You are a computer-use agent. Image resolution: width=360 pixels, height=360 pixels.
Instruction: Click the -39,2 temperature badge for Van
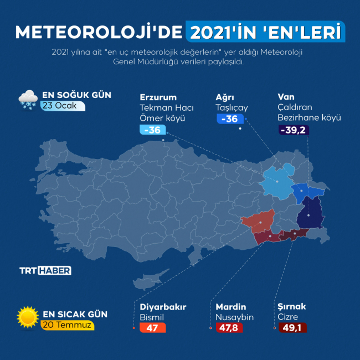coord(293,130)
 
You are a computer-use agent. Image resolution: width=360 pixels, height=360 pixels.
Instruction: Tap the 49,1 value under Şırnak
coord(294,328)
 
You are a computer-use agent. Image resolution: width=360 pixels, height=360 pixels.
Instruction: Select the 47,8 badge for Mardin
coord(229,328)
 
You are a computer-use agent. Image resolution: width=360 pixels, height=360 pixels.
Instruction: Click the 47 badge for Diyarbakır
coord(152,328)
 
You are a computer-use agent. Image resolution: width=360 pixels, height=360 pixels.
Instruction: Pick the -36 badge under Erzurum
coord(152,130)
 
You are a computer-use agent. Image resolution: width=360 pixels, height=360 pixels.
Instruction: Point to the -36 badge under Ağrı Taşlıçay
coord(229,119)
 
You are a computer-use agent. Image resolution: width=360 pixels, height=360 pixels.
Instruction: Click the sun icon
coord(28,317)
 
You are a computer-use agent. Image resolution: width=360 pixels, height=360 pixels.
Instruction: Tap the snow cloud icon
coord(28,99)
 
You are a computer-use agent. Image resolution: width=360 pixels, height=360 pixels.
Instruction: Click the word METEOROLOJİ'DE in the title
coord(99,32)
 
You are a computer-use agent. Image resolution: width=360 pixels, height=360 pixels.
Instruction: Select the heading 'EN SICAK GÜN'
coord(75,315)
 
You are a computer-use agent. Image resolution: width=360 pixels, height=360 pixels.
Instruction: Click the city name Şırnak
coord(291,307)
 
